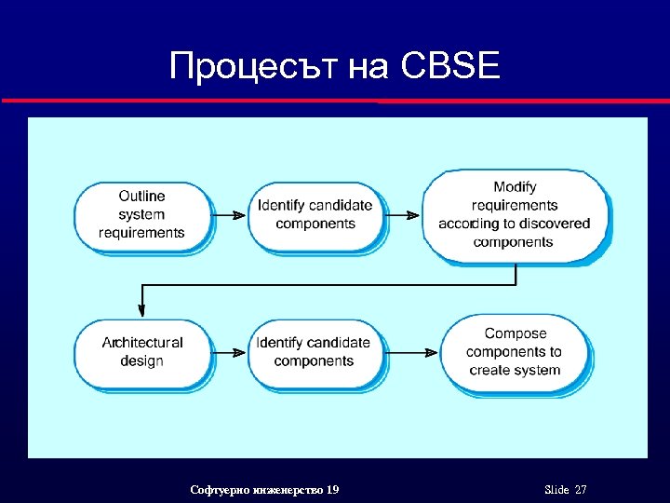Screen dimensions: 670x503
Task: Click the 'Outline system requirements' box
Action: pos(141,215)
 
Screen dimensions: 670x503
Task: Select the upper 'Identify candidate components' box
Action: pos(315,215)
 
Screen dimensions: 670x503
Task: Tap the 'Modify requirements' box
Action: pos(515,215)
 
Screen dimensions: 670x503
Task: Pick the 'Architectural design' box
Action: pos(141,352)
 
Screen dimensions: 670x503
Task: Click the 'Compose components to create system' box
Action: pos(515,352)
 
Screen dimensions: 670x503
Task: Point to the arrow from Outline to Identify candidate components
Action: pos(229,215)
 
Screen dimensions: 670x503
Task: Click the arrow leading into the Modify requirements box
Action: pos(402,215)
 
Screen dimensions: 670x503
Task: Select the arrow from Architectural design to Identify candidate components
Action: pos(229,352)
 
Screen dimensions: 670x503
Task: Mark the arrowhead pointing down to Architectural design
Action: pos(141,307)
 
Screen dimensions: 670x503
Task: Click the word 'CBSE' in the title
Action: pos(452,67)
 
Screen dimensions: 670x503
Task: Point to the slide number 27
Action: pos(581,490)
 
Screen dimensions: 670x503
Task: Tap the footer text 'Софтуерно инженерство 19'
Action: pos(264,490)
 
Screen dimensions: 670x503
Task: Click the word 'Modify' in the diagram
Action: pos(515,187)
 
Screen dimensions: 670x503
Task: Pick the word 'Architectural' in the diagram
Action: pos(142,343)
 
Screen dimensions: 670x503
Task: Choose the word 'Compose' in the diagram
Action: pos(516,333)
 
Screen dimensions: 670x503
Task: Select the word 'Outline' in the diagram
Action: pos(141,197)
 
